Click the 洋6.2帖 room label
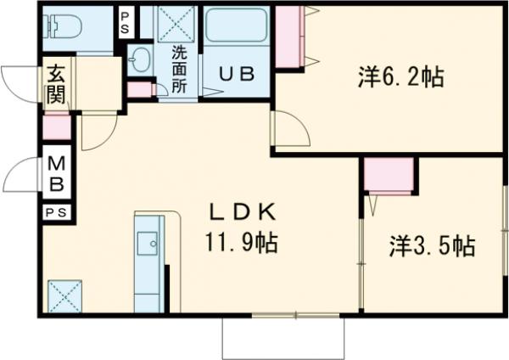[x=400, y=77]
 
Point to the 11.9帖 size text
[x=241, y=244]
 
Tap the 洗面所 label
[x=180, y=67]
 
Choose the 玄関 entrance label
[x=56, y=82]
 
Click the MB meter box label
[x=56, y=172]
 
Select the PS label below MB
[x=56, y=211]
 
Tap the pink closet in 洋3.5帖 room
[x=389, y=176]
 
